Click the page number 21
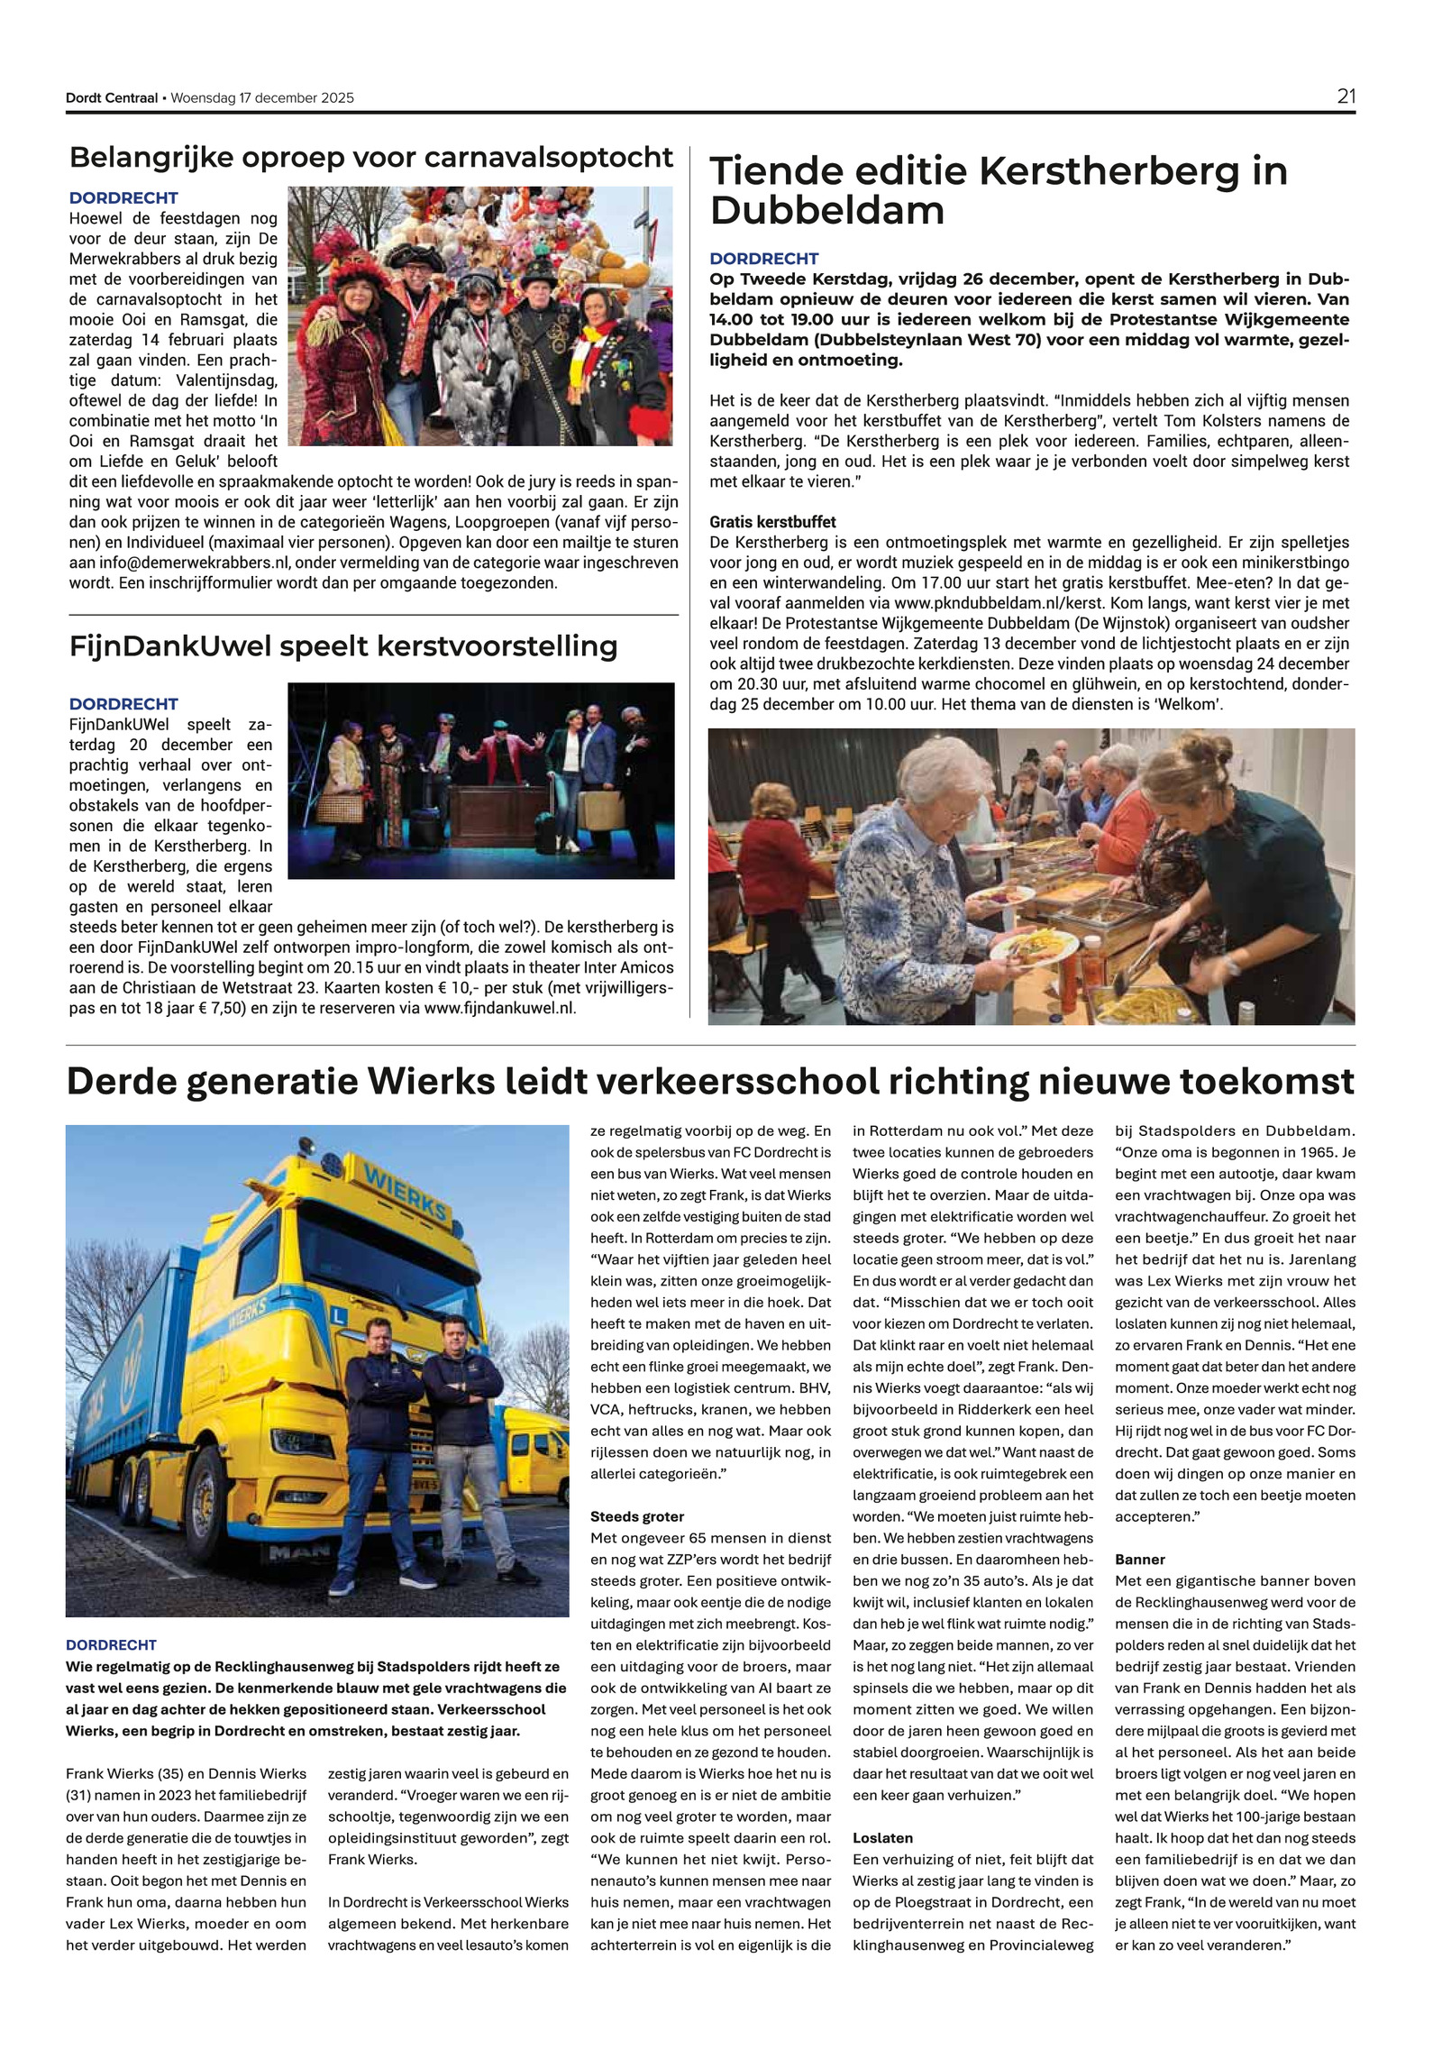(x=1346, y=96)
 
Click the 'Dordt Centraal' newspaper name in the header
(x=111, y=98)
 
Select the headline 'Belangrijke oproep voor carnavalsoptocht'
(x=370, y=158)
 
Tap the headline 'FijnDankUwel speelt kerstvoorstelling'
(x=343, y=646)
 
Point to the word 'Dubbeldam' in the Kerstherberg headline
(x=826, y=211)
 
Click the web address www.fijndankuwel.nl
(x=498, y=1008)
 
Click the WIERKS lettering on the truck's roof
(x=405, y=1193)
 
